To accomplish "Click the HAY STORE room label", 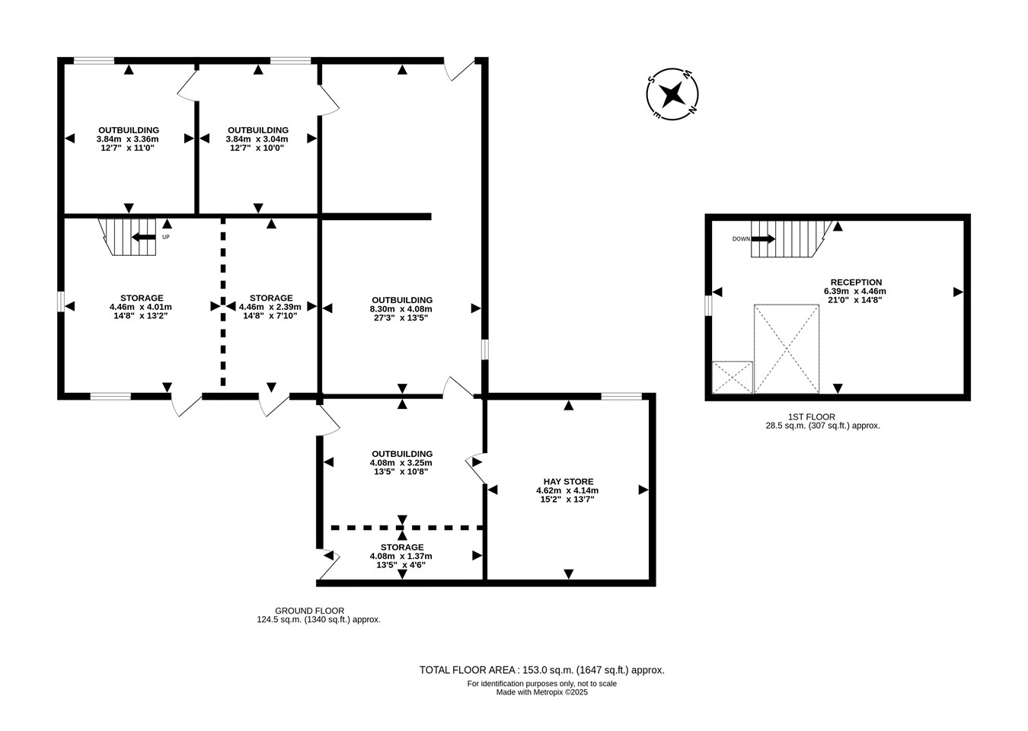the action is (x=568, y=481).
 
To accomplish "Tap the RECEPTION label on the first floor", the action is (x=856, y=283).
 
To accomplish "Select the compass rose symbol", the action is (x=672, y=94).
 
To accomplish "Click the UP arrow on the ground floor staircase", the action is (x=144, y=238).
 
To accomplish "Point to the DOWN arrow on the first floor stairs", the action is (x=763, y=238).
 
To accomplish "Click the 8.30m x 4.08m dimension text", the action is (x=401, y=309).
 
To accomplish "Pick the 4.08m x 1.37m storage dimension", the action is (x=401, y=556).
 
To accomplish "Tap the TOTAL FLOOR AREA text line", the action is (x=542, y=670).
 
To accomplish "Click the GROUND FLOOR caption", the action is (x=309, y=611).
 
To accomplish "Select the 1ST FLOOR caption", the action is (x=812, y=417).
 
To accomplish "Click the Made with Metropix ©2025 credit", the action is (x=542, y=692).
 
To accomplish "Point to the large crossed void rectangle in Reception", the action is (x=787, y=349).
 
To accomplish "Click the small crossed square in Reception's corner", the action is (x=733, y=377).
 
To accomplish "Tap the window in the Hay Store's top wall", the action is (x=621, y=397).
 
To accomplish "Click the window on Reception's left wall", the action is (x=709, y=305).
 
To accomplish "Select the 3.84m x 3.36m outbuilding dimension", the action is (x=128, y=139).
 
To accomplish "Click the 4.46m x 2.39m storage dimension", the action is (x=270, y=307).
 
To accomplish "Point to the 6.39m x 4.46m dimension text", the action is (x=855, y=292).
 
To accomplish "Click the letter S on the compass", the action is (x=651, y=79).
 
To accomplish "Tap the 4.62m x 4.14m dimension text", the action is (x=567, y=490).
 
